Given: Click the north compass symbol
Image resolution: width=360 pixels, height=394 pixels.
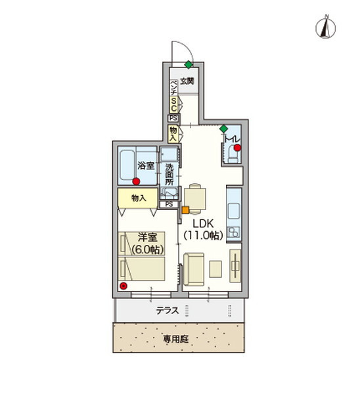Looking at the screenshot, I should coord(325,28).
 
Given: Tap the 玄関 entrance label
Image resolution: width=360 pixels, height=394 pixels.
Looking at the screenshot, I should coord(187,82).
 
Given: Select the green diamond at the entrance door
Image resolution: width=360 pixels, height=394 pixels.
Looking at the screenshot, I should coord(189,64).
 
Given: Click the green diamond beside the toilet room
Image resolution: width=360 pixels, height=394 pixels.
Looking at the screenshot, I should coord(224,129).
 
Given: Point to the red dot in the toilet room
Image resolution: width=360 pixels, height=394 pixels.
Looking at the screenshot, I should coord(238,147).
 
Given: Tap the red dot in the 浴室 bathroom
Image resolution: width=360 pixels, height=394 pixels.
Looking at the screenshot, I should coord(137,181).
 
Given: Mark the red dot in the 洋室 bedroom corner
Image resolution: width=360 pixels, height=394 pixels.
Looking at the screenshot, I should coord(125,286).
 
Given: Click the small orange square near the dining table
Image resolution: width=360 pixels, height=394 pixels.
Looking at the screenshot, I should coord(185,210).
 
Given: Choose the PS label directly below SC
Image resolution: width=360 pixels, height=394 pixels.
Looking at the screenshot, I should coord(173,118).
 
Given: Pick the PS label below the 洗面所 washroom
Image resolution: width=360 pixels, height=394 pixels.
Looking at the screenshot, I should coord(169,204).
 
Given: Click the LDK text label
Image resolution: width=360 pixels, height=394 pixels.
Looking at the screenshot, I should coord(203,222).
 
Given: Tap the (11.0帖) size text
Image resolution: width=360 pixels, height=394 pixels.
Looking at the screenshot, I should coord(203,234).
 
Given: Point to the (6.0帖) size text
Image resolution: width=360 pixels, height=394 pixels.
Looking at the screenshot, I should coord(147,250).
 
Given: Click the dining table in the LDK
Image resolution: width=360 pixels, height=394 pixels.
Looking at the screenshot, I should coord(195,196).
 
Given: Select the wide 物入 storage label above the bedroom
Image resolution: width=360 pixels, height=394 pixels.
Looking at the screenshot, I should coord(137,198).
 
